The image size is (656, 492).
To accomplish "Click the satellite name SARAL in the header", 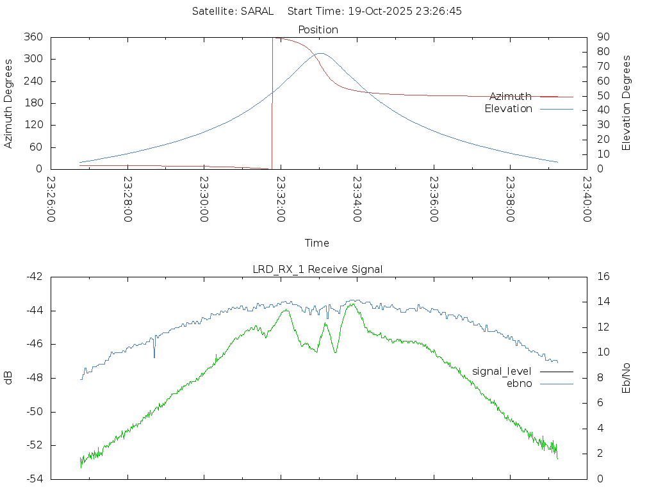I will pos(257,11).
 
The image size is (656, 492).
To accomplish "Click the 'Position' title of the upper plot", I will pos(318,29).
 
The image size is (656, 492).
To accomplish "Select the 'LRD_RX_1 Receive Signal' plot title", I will pos(318,269).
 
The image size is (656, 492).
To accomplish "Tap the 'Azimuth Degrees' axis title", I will pos(9,103).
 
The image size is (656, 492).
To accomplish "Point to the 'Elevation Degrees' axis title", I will pos(627,103).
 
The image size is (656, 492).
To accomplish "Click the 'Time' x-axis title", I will pos(317,243).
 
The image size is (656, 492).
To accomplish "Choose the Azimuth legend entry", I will pos(511,96).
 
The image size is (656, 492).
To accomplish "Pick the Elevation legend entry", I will pos(509,109).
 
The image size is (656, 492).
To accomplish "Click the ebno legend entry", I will pos(520,383).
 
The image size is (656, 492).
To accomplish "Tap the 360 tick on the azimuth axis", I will pos(33,37).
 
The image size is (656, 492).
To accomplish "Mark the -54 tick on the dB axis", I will pos(33,479).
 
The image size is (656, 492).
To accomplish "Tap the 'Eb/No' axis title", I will pos(627,378).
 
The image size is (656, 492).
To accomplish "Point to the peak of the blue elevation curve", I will pos(320,53).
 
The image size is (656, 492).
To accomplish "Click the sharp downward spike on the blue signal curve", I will pos(154,356).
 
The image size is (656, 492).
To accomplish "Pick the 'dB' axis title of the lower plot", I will pos(9,378).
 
